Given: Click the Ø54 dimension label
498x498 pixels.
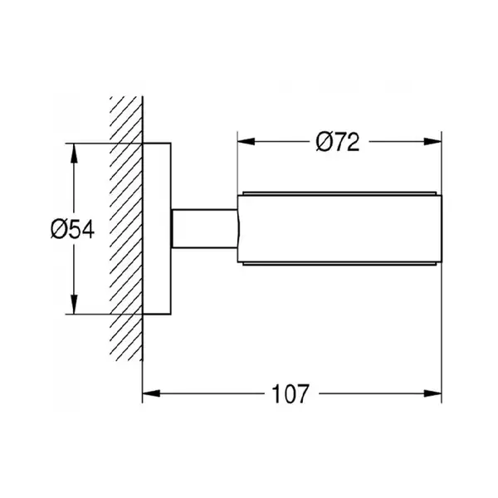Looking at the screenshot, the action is click(x=72, y=230).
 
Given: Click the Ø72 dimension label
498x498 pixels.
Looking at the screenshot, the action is click(x=338, y=142).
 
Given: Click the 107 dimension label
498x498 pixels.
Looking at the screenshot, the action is click(x=290, y=393).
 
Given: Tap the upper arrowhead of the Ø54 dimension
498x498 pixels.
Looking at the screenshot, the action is click(x=74, y=154).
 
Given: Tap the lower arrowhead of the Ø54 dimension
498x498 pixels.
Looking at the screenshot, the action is click(x=74, y=305).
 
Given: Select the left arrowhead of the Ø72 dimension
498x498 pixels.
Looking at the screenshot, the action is click(x=247, y=142).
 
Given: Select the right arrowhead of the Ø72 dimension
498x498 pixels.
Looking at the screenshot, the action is click(x=433, y=142).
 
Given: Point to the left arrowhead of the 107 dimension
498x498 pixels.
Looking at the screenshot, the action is click(x=151, y=393).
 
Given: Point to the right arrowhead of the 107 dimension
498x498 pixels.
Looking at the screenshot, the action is click(x=433, y=393).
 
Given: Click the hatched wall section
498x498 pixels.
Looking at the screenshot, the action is click(x=126, y=229).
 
